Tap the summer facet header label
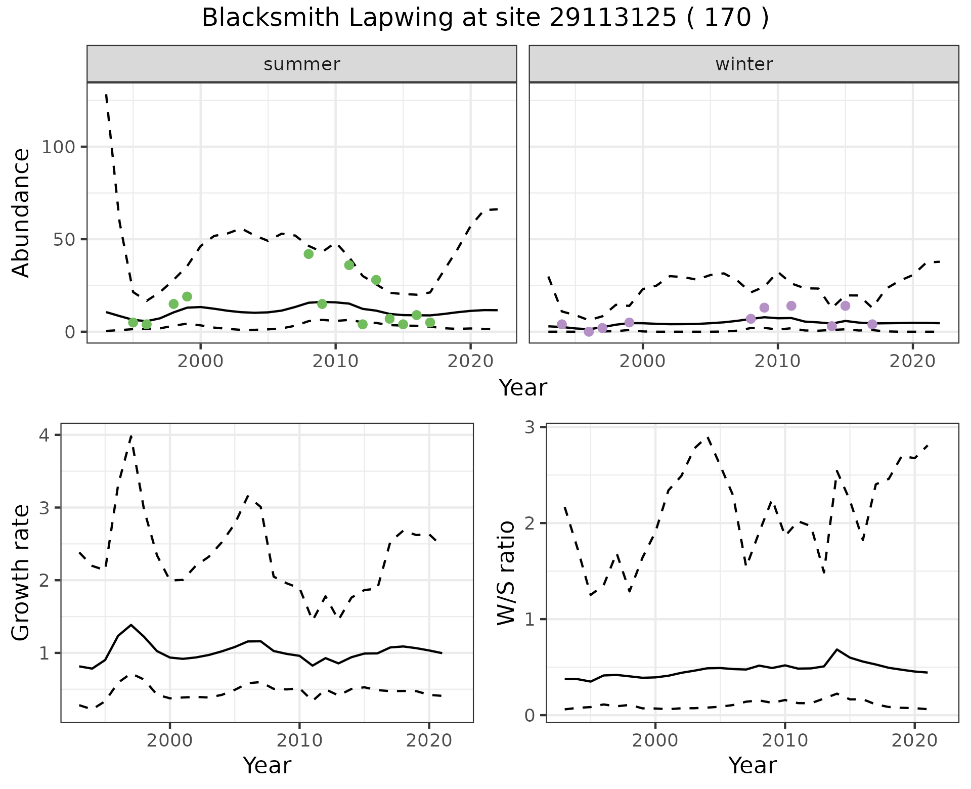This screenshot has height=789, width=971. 302,64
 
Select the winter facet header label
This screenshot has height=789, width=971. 744,64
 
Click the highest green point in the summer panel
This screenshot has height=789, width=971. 308,254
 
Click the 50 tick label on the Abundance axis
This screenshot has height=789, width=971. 65,239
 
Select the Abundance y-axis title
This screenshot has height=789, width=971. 21,213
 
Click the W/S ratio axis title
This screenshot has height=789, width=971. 506,573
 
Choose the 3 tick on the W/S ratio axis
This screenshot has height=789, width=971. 535,427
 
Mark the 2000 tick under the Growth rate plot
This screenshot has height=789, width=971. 170,740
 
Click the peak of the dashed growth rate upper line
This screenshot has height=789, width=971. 131,435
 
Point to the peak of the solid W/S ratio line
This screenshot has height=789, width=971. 837,649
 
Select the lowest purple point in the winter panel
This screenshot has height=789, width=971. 589,332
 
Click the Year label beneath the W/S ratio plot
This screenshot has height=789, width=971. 752,765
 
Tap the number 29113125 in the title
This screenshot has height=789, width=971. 612,18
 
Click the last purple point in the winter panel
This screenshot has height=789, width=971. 872,324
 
